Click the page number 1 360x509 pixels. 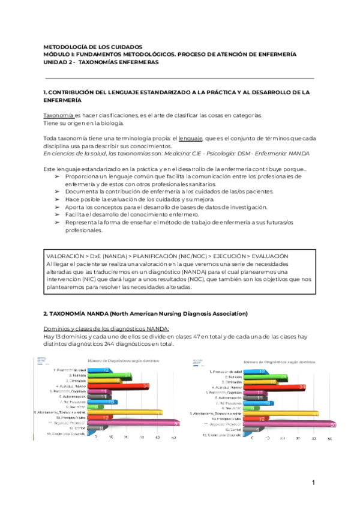313,484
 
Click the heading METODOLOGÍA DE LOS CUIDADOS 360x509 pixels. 94,46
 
